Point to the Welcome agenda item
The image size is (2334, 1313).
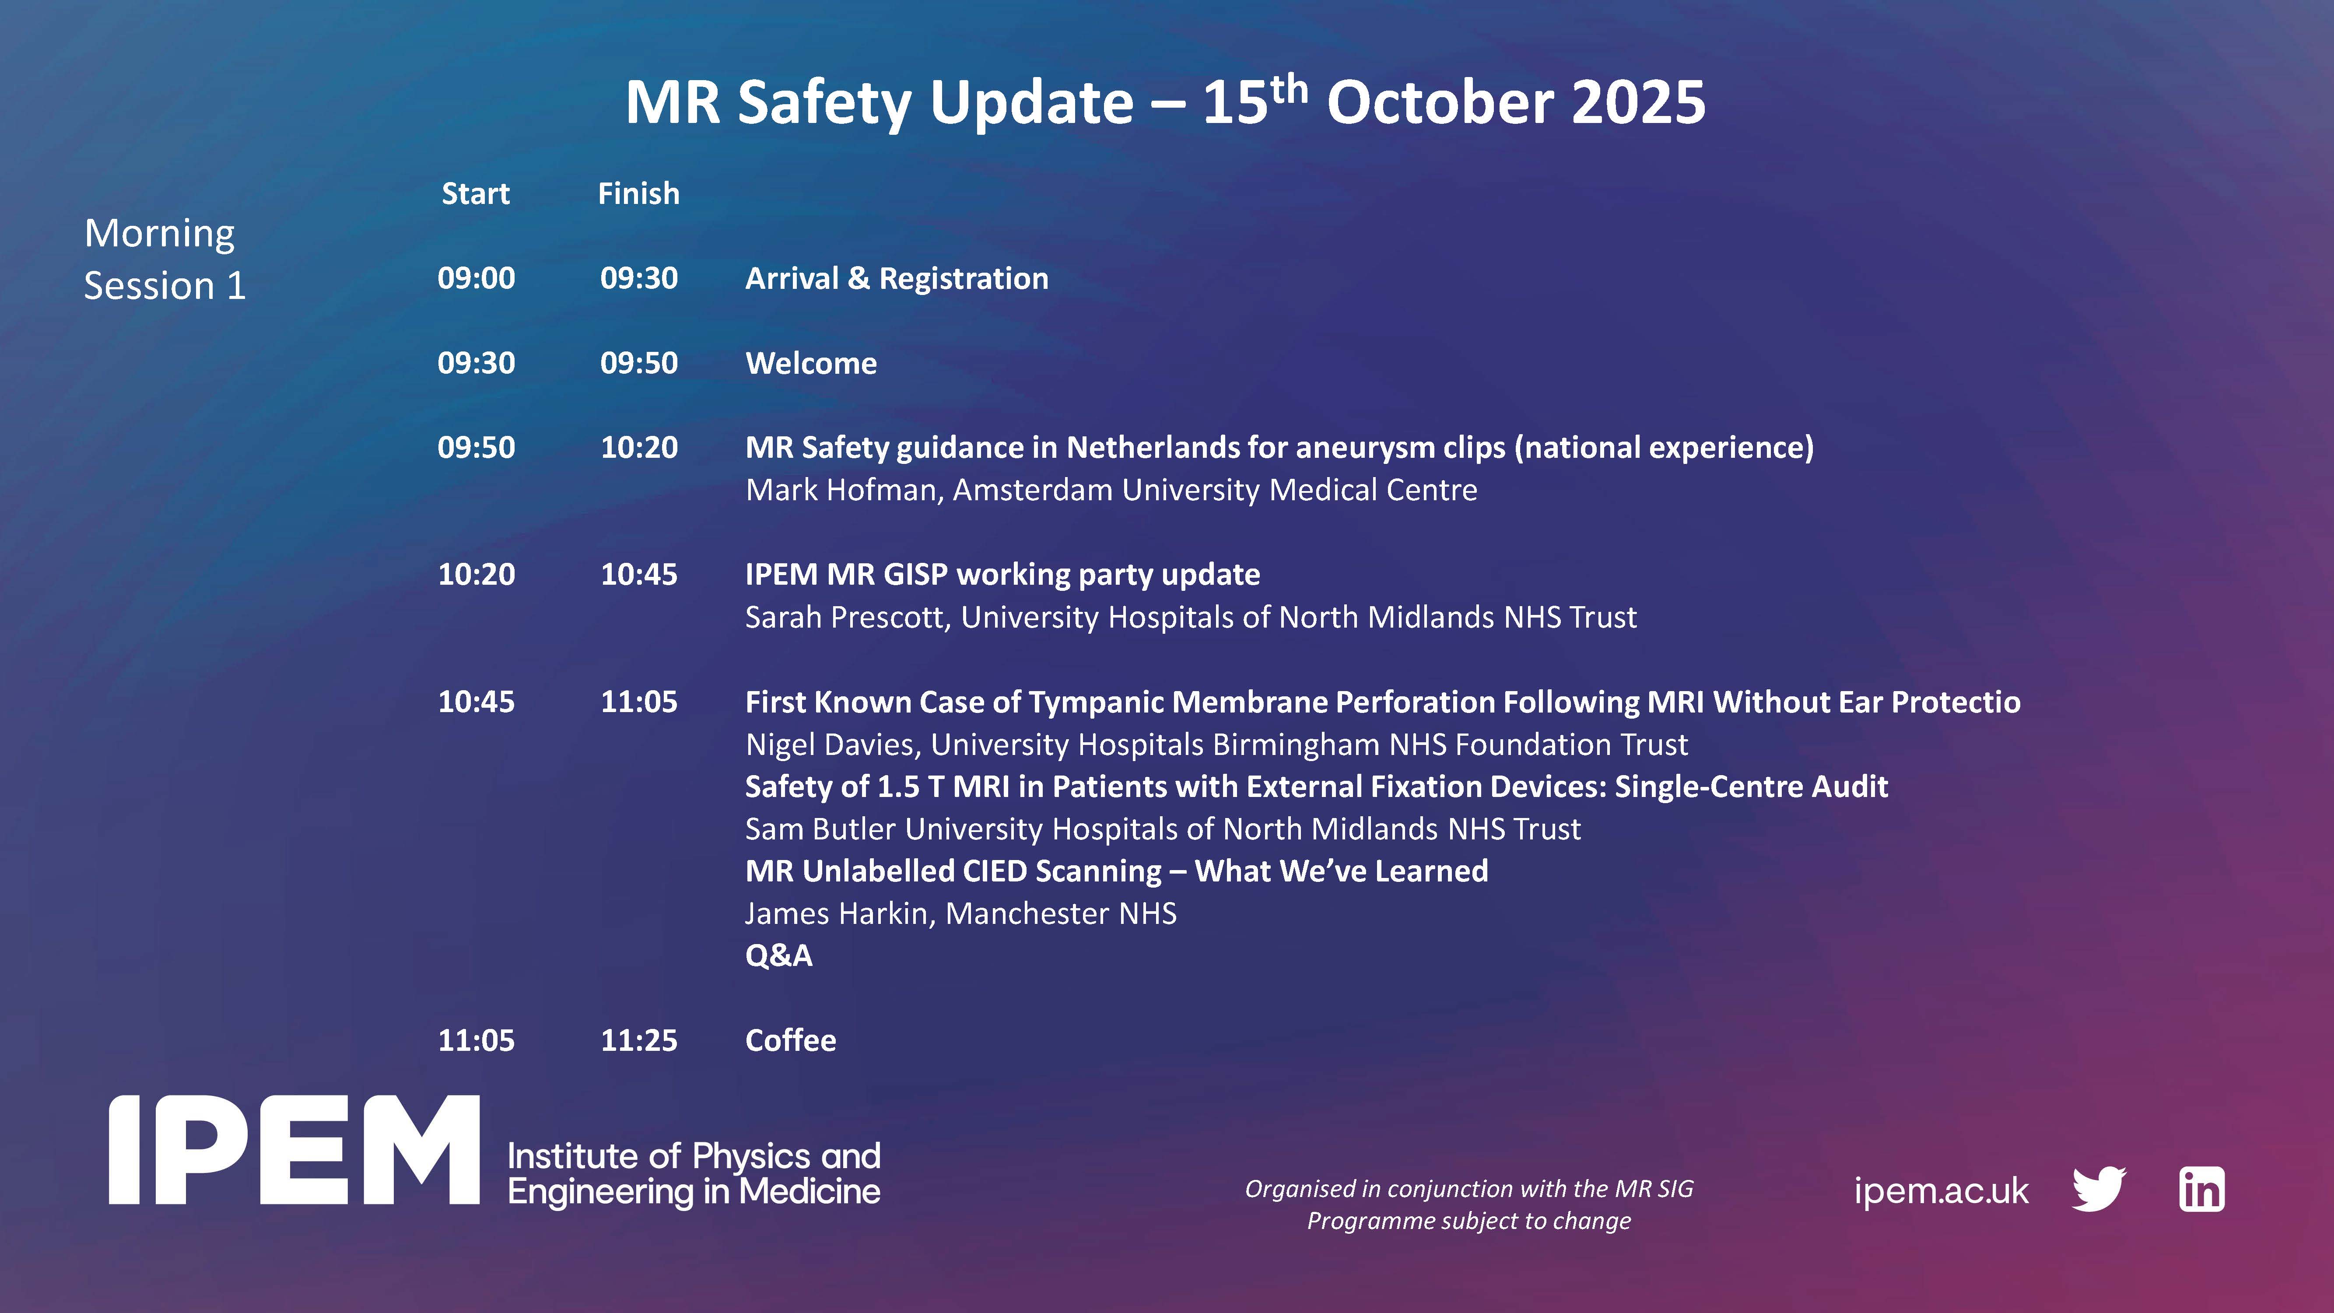tap(811, 363)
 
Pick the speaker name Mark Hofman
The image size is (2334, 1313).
tap(845, 490)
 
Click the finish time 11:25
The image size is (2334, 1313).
tap(639, 1040)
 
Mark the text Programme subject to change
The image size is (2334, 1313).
tap(1469, 1221)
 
